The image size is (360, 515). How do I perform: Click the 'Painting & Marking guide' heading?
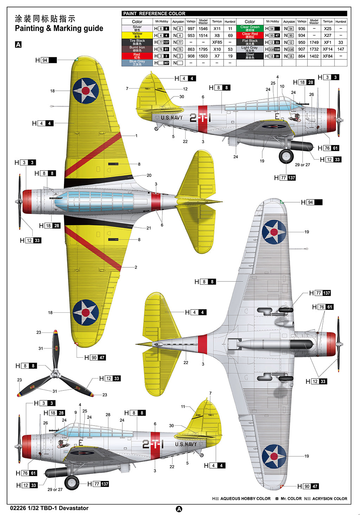point(59,28)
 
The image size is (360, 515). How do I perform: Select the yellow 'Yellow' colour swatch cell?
point(137,35)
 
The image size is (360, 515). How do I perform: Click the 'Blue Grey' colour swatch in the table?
point(137,63)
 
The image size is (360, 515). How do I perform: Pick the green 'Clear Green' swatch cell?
point(250,28)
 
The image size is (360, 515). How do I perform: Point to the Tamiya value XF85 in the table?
point(217,42)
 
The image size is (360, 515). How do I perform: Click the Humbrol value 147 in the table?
point(340,49)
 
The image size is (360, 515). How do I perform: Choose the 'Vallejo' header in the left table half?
point(191,21)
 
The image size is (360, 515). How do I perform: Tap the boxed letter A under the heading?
point(18,45)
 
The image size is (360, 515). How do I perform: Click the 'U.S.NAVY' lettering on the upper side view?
point(172,118)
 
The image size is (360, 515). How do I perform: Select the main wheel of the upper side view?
point(286,156)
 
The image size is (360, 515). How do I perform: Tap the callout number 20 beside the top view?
point(149,175)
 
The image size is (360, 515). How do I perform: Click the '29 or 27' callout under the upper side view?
point(302,165)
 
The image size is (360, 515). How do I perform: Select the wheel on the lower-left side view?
point(72,483)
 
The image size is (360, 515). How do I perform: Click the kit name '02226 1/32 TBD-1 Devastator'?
point(49,508)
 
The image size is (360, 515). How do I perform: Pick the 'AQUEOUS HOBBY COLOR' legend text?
point(245,498)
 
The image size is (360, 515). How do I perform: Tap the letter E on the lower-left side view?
point(81,443)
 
